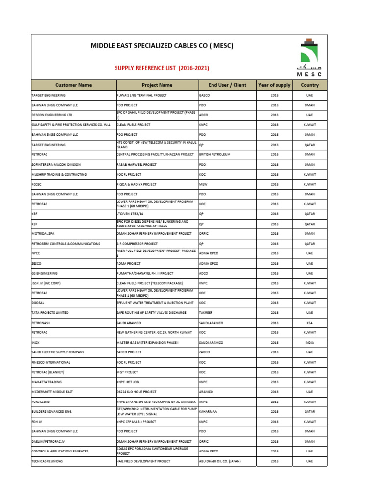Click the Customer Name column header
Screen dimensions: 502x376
(x=73, y=85)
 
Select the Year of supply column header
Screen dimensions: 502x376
(x=274, y=85)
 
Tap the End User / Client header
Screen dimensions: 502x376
(x=227, y=85)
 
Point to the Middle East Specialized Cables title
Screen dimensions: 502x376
(x=162, y=46)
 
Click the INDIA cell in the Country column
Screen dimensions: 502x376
(x=309, y=342)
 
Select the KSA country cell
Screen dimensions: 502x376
(x=309, y=323)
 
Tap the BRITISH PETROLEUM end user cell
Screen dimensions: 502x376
(x=214, y=154)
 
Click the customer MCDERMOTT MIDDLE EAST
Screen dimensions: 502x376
(x=52, y=392)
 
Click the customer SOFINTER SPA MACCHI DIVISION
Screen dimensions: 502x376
(x=56, y=164)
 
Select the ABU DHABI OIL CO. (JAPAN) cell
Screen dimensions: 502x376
(x=220, y=461)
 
